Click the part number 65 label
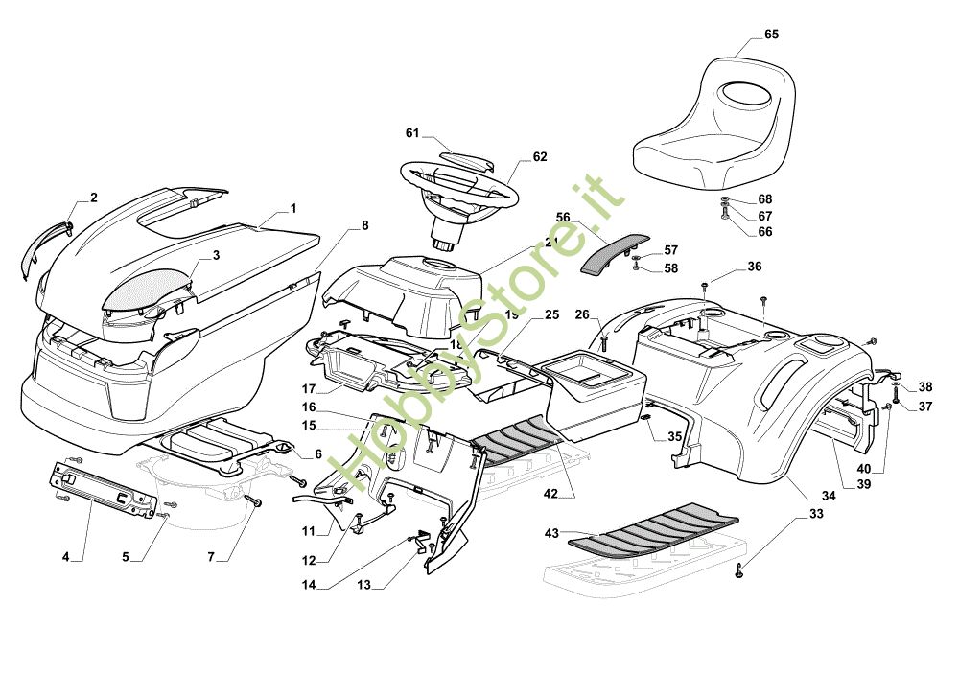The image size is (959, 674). (771, 35)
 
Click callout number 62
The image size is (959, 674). (540, 157)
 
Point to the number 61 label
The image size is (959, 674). (412, 133)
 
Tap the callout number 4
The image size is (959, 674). (65, 557)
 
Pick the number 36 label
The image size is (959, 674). (754, 267)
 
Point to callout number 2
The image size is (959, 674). (93, 198)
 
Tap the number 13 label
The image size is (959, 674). (363, 584)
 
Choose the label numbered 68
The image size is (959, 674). (764, 199)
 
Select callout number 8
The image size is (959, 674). (363, 226)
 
